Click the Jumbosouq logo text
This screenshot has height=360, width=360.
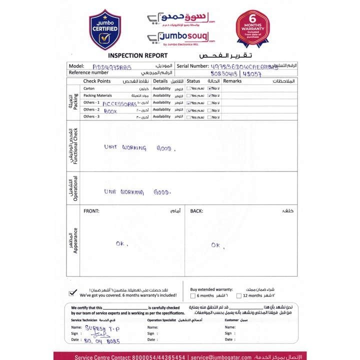181,37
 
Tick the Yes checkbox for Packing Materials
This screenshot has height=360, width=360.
188,95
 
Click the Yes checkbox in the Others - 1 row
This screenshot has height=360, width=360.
188,103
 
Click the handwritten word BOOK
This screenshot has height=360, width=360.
110,111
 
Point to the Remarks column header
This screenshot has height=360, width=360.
232,81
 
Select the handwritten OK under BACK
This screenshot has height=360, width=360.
215,245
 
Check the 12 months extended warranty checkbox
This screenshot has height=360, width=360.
238,295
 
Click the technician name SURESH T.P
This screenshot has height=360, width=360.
102,327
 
